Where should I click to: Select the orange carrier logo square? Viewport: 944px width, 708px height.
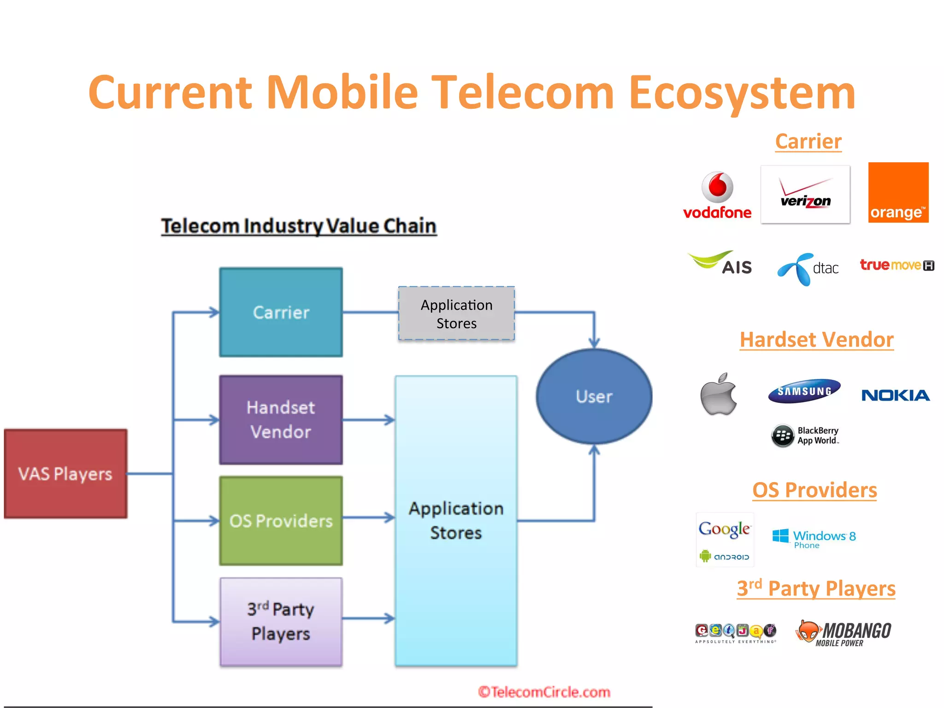click(x=898, y=193)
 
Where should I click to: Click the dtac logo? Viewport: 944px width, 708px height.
click(x=808, y=269)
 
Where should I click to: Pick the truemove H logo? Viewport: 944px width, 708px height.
click(x=897, y=265)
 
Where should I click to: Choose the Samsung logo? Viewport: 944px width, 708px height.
click(x=804, y=391)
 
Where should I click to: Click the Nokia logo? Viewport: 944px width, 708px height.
click(x=896, y=395)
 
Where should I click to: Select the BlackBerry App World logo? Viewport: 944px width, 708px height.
click(x=805, y=436)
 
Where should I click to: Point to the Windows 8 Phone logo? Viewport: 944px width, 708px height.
click(x=814, y=538)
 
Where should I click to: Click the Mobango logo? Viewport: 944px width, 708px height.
click(x=844, y=633)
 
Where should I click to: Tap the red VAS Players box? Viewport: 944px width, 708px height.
click(x=65, y=474)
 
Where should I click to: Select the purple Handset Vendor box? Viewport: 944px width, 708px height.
click(x=281, y=420)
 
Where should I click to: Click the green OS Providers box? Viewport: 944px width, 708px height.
click(x=281, y=521)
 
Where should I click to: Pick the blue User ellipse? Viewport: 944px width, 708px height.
click(x=594, y=396)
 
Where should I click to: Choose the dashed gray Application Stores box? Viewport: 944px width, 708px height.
click(x=456, y=314)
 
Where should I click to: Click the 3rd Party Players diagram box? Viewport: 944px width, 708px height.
click(x=281, y=622)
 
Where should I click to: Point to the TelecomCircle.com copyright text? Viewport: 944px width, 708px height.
click(x=544, y=692)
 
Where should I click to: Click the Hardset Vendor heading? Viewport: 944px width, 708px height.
click(x=816, y=340)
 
